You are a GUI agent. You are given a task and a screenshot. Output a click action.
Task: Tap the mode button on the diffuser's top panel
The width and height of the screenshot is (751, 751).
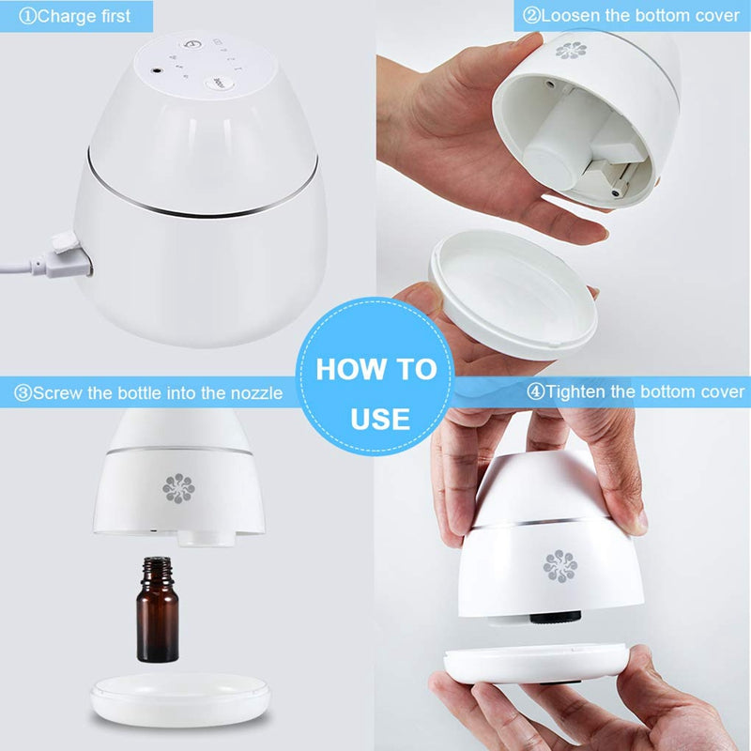[x=220, y=82]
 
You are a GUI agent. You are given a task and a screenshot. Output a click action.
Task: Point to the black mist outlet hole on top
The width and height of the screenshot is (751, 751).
[x=157, y=71]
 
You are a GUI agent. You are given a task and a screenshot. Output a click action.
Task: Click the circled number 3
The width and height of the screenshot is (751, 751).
[x=23, y=393]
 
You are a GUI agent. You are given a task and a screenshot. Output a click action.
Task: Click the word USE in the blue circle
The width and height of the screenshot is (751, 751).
[x=380, y=419]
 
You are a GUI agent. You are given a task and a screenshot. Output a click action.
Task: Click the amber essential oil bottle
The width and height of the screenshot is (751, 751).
[x=158, y=608]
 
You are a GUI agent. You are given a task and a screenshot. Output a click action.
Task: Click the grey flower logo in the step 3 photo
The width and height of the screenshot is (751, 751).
[x=178, y=488]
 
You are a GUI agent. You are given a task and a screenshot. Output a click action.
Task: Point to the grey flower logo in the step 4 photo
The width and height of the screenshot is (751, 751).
[x=560, y=566]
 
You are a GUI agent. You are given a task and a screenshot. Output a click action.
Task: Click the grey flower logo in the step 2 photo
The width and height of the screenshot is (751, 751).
[x=571, y=51]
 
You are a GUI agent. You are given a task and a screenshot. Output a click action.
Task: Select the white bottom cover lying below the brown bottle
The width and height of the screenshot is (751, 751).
[x=180, y=698]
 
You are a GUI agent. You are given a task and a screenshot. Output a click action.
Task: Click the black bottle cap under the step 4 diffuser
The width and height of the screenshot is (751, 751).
[x=556, y=617]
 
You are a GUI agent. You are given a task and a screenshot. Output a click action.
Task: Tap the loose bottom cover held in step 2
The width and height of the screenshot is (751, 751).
[x=513, y=294]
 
